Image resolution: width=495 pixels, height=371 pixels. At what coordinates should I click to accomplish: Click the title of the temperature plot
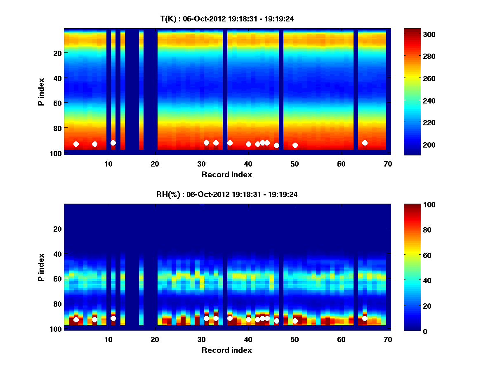tap(227, 19)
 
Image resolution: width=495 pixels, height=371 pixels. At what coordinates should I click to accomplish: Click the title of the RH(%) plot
tap(227, 194)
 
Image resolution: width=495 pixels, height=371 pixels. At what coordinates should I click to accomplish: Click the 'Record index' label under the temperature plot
tap(227, 174)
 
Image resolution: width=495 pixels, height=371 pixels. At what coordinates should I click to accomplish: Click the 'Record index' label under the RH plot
tap(227, 350)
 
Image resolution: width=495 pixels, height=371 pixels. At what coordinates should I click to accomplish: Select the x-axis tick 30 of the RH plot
tap(201, 339)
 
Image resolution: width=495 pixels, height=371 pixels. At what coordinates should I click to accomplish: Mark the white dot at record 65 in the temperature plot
tap(365, 143)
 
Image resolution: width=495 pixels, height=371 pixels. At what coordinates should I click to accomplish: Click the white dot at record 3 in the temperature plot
tap(76, 144)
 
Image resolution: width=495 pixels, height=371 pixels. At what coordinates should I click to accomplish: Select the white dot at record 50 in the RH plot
tap(295, 321)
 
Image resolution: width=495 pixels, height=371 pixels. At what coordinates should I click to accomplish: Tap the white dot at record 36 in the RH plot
tap(230, 318)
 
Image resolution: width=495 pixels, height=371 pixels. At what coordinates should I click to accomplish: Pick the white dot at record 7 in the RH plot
tap(94, 319)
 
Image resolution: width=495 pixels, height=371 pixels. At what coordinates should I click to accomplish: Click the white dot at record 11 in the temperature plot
tap(113, 143)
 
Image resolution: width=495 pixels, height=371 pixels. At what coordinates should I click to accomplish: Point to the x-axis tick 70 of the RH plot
tap(388, 339)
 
